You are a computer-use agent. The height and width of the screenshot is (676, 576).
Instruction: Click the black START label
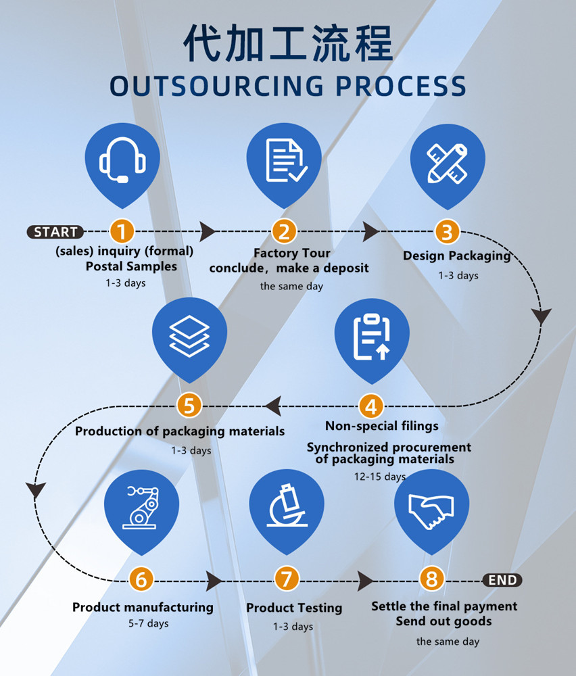click(x=55, y=232)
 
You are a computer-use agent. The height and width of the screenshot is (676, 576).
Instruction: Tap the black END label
click(x=502, y=580)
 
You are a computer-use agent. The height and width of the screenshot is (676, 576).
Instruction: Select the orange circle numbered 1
click(x=122, y=232)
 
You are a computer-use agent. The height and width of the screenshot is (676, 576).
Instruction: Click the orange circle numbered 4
click(x=370, y=406)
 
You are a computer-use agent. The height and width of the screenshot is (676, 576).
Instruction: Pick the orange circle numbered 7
click(x=287, y=579)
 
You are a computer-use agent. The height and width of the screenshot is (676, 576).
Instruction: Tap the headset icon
click(x=122, y=162)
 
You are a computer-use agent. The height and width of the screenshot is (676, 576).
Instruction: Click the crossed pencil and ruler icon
click(x=447, y=162)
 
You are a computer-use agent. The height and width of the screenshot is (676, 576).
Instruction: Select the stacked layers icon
click(x=190, y=335)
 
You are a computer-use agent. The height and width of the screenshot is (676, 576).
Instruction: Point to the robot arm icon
click(x=142, y=508)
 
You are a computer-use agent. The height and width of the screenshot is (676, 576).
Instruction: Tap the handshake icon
click(x=431, y=507)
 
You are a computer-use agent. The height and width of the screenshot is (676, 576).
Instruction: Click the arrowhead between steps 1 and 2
click(x=208, y=232)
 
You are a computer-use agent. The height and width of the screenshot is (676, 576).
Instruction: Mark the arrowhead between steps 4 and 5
click(x=273, y=406)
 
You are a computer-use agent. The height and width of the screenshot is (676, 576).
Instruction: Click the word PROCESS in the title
click(x=402, y=87)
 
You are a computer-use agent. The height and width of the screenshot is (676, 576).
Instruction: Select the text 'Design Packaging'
click(x=457, y=256)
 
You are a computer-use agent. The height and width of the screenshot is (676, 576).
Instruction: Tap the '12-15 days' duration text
click(x=380, y=477)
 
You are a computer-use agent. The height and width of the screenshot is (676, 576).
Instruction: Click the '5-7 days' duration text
click(x=149, y=623)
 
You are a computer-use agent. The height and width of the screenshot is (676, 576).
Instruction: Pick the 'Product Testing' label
click(x=294, y=608)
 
